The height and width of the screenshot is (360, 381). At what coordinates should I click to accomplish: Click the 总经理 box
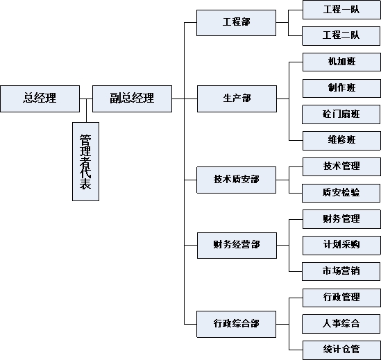click(x=40, y=98)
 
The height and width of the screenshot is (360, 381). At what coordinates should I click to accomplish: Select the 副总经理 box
click(x=132, y=98)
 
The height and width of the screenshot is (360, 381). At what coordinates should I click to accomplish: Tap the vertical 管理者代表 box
click(x=86, y=162)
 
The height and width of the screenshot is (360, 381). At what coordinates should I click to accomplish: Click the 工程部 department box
click(x=236, y=23)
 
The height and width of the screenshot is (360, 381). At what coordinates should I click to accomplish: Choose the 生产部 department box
click(x=237, y=98)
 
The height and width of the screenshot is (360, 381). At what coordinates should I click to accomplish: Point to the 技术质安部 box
click(x=236, y=180)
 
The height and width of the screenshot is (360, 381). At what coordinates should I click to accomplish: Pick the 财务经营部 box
click(x=237, y=246)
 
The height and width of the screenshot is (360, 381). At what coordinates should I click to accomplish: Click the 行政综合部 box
click(x=236, y=324)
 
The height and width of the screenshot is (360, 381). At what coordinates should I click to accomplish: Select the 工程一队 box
click(x=341, y=10)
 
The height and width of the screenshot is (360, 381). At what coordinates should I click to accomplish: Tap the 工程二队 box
click(x=341, y=36)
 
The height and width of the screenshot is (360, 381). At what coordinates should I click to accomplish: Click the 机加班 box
click(x=341, y=62)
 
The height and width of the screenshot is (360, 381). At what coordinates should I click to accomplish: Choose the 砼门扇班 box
click(x=341, y=114)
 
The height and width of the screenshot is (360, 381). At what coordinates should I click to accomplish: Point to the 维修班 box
click(x=341, y=141)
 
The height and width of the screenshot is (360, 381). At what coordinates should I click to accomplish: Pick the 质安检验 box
click(x=341, y=193)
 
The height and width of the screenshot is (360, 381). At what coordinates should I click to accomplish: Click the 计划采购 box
click(x=341, y=246)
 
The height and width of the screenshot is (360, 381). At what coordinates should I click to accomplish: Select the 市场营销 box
click(x=341, y=272)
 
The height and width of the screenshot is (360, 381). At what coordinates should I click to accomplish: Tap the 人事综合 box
click(x=341, y=324)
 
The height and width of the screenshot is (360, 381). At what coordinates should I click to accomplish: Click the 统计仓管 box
click(x=341, y=350)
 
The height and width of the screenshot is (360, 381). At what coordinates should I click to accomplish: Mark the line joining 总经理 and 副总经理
click(x=86, y=99)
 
